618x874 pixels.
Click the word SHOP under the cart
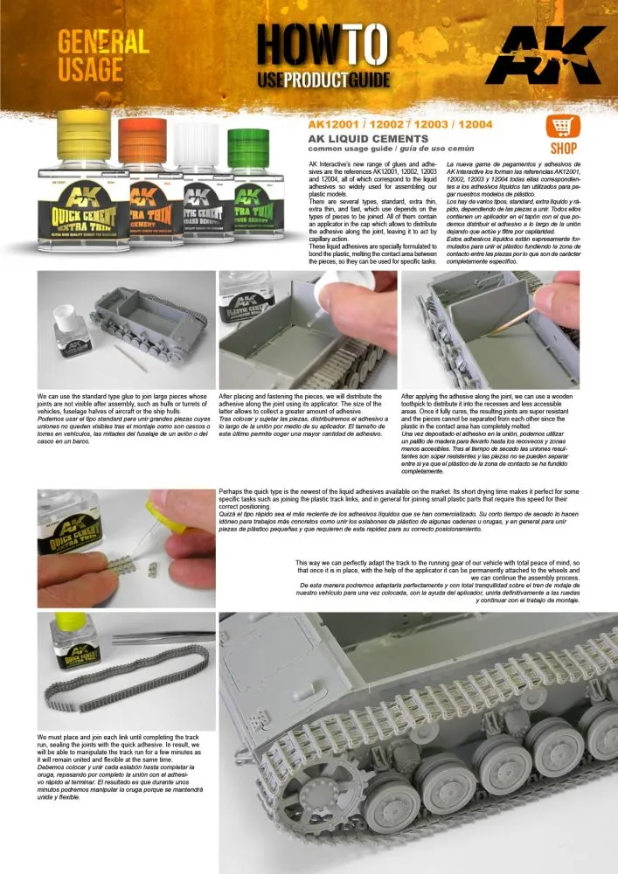(563, 149)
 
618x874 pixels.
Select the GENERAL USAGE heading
(103, 55)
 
